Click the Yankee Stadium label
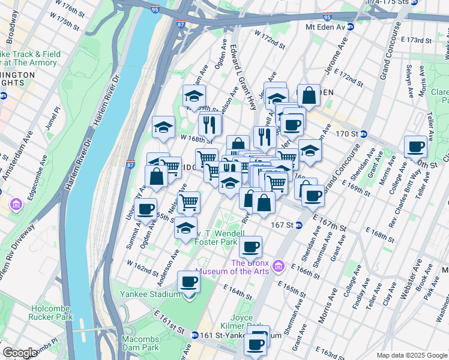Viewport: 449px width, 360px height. click(149, 294)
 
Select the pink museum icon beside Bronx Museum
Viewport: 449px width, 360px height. click(278, 265)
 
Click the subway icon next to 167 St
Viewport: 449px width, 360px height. click(298, 226)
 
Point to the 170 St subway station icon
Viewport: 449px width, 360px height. click(363, 133)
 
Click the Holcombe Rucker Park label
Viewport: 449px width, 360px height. click(52, 313)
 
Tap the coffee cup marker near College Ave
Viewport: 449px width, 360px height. click(415, 145)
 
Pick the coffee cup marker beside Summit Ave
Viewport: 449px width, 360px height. click(145, 209)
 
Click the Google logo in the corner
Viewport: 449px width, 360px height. click(20, 353)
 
